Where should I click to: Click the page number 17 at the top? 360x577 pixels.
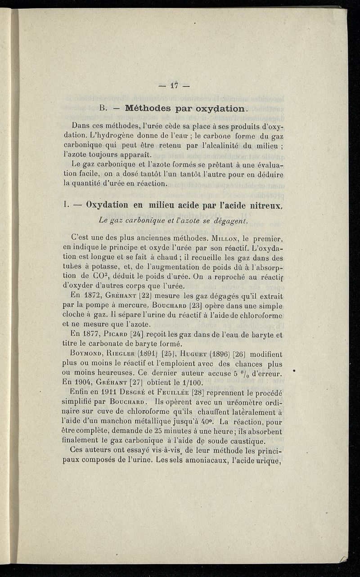pos(175,85)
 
